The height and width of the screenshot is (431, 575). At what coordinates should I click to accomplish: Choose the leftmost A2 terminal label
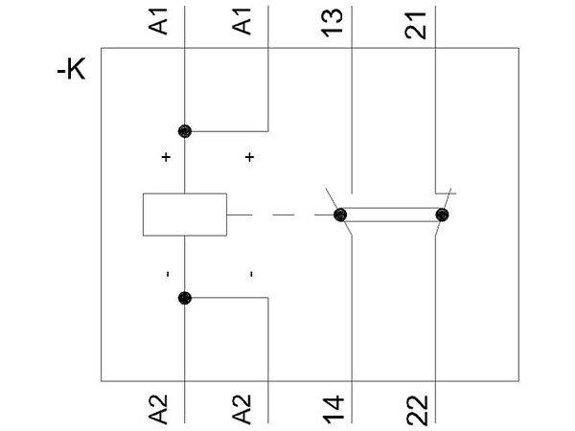click(x=165, y=409)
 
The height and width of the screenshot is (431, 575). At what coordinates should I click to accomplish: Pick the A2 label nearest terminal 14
click(x=247, y=409)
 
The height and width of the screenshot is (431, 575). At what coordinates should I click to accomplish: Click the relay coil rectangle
click(x=184, y=215)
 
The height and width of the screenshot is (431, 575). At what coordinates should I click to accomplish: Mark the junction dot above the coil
click(x=184, y=130)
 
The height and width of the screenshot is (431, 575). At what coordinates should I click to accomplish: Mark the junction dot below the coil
click(x=184, y=298)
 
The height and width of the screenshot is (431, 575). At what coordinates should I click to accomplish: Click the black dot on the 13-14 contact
click(x=340, y=215)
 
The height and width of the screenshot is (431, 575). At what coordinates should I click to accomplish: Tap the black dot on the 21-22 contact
click(x=442, y=215)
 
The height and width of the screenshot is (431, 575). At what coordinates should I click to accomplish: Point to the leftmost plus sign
click(x=167, y=156)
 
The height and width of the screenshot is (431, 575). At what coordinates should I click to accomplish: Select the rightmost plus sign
click(x=250, y=156)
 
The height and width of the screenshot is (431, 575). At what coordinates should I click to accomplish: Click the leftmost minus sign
click(x=167, y=275)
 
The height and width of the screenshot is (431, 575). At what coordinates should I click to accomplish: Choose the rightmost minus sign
click(x=250, y=275)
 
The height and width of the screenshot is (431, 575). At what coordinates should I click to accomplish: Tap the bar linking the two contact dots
click(x=391, y=215)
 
